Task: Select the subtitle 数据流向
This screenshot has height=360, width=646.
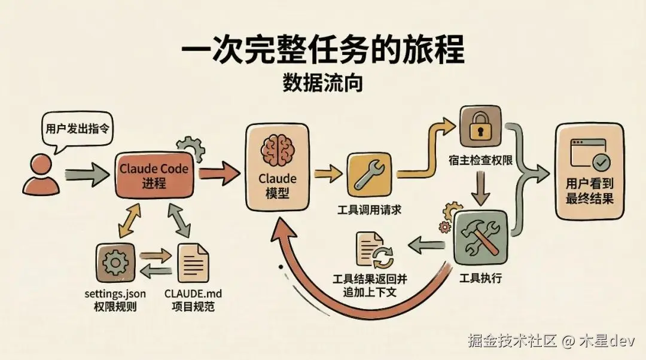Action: (x=323, y=84)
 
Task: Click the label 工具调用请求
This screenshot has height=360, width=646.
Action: (x=369, y=209)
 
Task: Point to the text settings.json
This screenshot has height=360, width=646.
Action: (x=115, y=294)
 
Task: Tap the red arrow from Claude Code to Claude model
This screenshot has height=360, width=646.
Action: (x=218, y=174)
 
